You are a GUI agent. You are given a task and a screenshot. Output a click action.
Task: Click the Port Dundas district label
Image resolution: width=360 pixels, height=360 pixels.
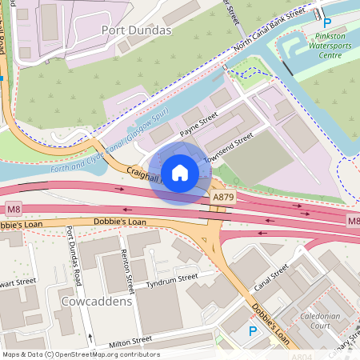[x=137, y=30]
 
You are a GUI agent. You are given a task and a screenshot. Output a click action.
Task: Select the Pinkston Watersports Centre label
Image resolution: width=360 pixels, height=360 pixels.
[x=330, y=46]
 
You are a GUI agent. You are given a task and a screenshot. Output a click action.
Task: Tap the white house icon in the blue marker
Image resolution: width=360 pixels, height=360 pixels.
[x=180, y=173]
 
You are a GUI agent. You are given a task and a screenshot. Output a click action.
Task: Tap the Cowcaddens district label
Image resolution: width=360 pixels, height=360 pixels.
[x=96, y=302]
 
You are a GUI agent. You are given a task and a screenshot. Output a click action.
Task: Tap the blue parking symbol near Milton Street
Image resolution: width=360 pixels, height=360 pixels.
[x=253, y=330]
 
